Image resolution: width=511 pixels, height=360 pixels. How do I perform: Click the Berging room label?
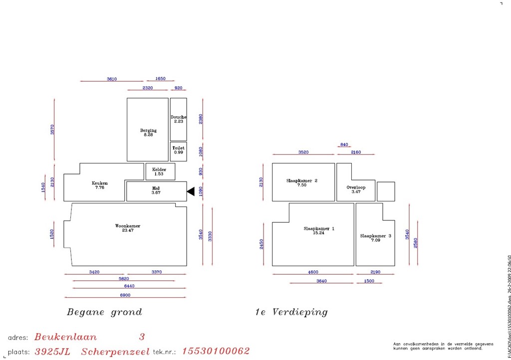click(x=148, y=131)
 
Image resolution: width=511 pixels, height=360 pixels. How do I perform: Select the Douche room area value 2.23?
click(x=179, y=122)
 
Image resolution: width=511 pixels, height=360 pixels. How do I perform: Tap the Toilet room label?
click(x=178, y=148)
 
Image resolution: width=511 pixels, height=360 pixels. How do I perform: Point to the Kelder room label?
click(x=159, y=170)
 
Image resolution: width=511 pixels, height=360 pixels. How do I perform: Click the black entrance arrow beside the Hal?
click(x=190, y=191)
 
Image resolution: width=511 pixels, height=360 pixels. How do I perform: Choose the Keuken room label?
click(x=100, y=183)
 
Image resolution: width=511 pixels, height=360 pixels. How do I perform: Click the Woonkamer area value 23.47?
click(x=128, y=230)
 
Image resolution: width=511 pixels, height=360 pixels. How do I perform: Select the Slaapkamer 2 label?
click(x=302, y=180)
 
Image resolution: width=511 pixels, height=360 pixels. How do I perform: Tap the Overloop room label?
click(x=356, y=187)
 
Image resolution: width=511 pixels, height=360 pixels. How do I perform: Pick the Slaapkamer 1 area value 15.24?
click(x=319, y=233)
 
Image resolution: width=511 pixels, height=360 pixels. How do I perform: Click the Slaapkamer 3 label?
click(x=376, y=236)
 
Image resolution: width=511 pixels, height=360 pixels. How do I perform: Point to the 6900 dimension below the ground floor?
click(x=125, y=296)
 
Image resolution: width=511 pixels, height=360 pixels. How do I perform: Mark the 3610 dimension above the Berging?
click(x=112, y=79)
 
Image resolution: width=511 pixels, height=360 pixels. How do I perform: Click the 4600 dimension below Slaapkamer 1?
click(x=313, y=272)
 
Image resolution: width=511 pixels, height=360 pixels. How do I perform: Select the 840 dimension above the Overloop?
click(x=344, y=145)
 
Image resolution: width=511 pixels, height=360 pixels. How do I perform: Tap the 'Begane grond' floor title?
click(x=104, y=313)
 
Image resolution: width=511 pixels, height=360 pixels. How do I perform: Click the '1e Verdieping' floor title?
click(x=291, y=313)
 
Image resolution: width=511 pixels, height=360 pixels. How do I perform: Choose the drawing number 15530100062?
click(x=216, y=352)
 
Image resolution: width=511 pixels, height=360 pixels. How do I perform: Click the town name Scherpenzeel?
click(x=115, y=352)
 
